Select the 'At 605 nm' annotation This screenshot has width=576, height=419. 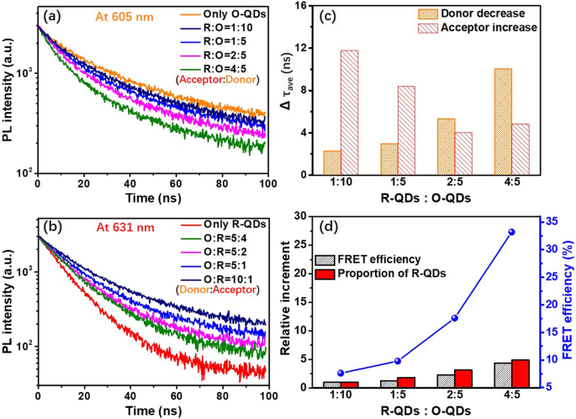107,15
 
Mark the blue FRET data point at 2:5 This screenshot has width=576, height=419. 455,318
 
